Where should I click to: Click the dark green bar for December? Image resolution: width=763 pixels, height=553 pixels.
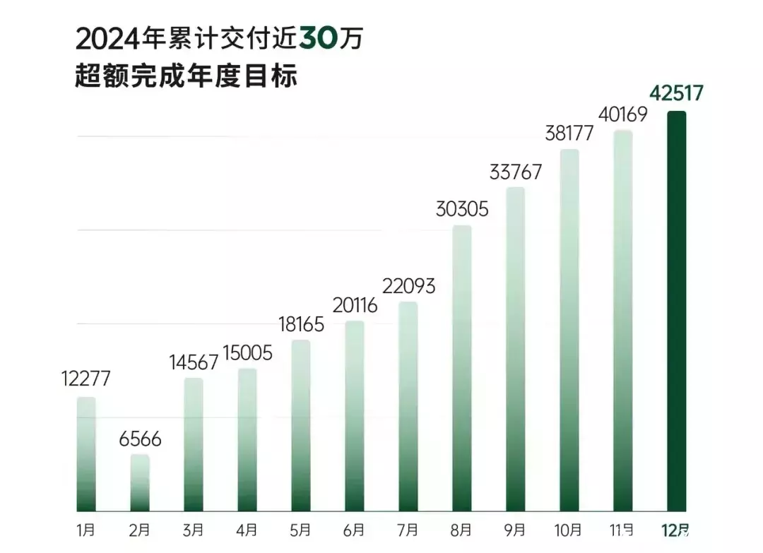(676, 311)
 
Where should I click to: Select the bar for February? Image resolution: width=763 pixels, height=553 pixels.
(140, 482)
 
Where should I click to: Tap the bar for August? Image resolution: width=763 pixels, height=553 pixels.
(462, 368)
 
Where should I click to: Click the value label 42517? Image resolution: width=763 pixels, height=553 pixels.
(676, 93)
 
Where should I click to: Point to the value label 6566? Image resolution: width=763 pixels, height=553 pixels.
(140, 439)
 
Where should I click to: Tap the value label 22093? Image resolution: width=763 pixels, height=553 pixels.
(408, 286)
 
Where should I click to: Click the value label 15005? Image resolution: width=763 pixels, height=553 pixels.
(247, 352)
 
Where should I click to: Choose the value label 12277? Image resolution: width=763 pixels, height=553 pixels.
(86, 379)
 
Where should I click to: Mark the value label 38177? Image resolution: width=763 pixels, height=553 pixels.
(569, 133)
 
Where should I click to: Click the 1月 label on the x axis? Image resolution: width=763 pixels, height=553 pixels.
(86, 530)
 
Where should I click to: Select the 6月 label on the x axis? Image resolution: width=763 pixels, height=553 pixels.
(355, 530)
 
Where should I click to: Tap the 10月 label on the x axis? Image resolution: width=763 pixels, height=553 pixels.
(569, 530)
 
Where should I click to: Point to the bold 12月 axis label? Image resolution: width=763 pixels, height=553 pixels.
(676, 530)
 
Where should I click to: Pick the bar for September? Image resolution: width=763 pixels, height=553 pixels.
(516, 349)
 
